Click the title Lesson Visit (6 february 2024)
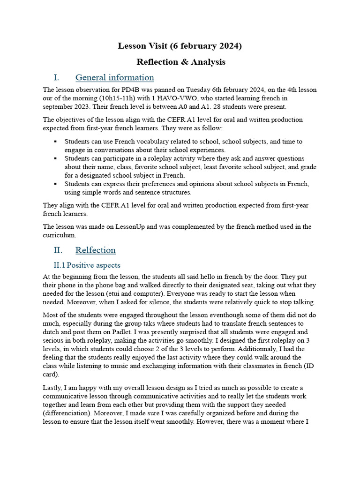click(x=180, y=46)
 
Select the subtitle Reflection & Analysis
click(x=180, y=62)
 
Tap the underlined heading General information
click(x=114, y=77)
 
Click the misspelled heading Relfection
click(x=95, y=250)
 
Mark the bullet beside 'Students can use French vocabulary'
click(x=55, y=142)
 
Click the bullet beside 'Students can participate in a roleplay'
click(x=55, y=159)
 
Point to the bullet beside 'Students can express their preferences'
click(x=55, y=184)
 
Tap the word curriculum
click(x=59, y=235)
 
